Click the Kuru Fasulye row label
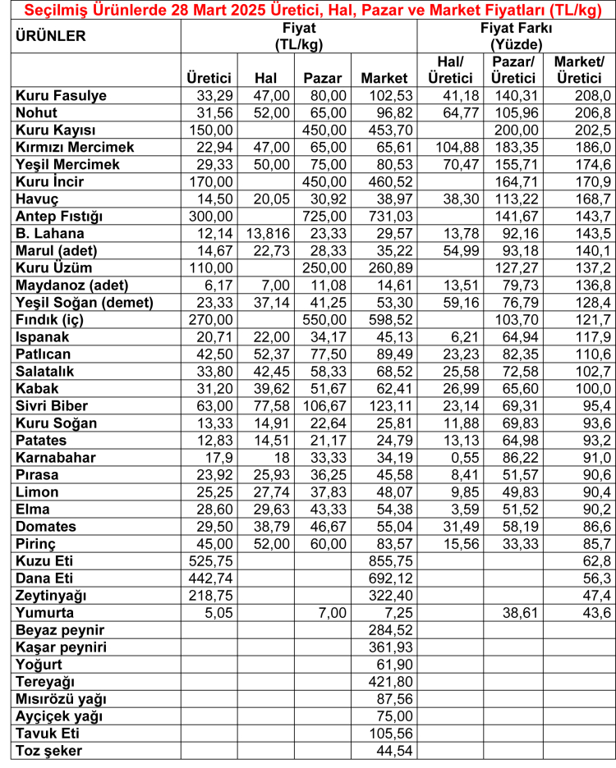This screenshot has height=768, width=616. [62, 95]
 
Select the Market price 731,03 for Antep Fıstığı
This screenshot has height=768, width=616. [384, 216]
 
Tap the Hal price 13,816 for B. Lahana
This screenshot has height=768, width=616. [266, 233]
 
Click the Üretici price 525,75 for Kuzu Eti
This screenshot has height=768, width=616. [210, 560]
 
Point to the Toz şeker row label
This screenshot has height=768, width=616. [49, 750]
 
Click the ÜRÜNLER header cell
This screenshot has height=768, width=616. [50, 37]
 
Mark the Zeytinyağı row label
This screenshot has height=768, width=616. [51, 595]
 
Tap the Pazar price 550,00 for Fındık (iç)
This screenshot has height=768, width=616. [324, 319]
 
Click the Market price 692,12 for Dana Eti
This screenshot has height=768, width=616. [384, 578]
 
